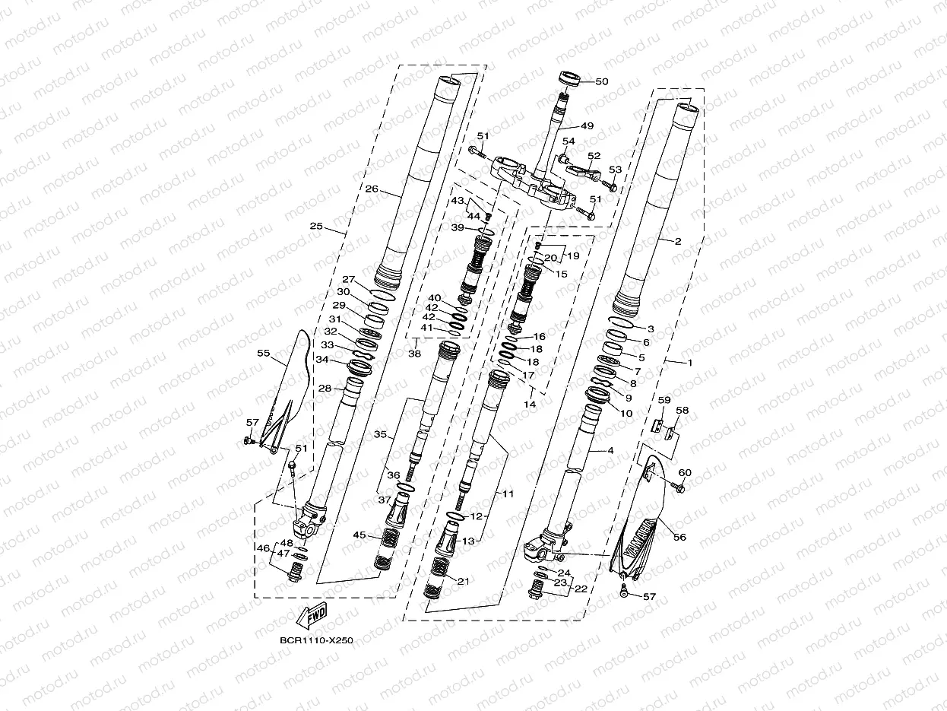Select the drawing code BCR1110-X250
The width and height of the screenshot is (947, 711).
[317, 641]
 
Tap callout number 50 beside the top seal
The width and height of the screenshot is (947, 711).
[602, 81]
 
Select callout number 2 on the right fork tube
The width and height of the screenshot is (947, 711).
[677, 241]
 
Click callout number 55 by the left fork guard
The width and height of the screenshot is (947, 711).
[264, 354]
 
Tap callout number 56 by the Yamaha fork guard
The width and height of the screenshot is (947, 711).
[679, 537]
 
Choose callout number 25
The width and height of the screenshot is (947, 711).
[317, 227]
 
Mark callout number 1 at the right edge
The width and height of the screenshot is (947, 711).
[690, 363]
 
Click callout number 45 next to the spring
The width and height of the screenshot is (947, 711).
[359, 535]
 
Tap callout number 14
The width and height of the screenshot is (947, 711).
[529, 405]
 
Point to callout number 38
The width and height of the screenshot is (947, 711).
[415, 354]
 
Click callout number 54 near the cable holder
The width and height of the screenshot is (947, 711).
[569, 142]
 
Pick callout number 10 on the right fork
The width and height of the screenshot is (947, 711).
[626, 413]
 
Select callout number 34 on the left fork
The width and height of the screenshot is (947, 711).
[322, 360]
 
